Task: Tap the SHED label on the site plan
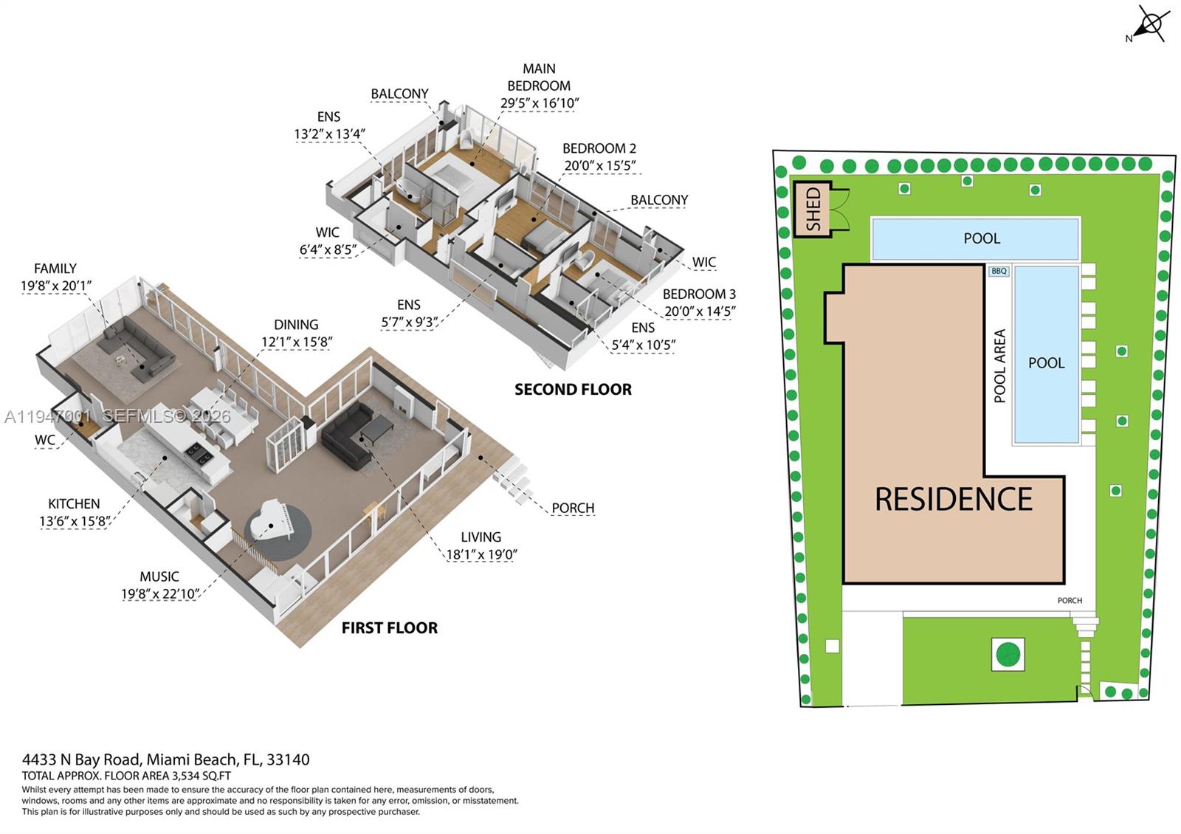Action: point(813,209)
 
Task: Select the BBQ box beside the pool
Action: point(999,272)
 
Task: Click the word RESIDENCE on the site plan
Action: point(953,500)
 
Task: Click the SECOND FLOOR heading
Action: point(573,390)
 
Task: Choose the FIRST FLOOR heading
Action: point(390,628)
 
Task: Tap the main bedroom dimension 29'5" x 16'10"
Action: point(539,103)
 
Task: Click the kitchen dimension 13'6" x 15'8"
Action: point(75,521)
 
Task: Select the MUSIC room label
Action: point(159,576)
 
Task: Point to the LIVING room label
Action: point(481,537)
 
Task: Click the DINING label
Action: point(296,325)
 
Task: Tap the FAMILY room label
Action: point(55,269)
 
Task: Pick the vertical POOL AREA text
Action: point(1000,366)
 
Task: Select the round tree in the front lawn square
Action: point(1008,654)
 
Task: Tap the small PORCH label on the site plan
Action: point(1070,601)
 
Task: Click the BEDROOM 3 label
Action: point(699,294)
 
